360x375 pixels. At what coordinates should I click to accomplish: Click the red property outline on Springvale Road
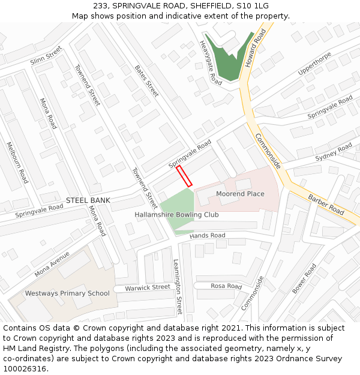point(184,176)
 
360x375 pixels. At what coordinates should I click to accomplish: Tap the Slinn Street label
point(46,56)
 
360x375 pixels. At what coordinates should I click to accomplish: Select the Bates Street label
point(146,81)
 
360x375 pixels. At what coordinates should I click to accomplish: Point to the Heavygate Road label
point(211,62)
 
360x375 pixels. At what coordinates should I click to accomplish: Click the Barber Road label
point(326,204)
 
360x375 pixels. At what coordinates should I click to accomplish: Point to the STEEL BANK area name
point(88,200)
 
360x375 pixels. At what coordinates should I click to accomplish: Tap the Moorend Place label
point(240,194)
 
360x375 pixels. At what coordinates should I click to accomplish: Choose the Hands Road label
point(207,236)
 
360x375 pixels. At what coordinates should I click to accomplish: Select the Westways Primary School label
point(67,293)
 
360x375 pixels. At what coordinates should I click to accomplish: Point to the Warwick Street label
point(148,287)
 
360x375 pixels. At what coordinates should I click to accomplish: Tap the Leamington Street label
point(178,287)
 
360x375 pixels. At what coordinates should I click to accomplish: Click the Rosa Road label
point(227,286)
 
